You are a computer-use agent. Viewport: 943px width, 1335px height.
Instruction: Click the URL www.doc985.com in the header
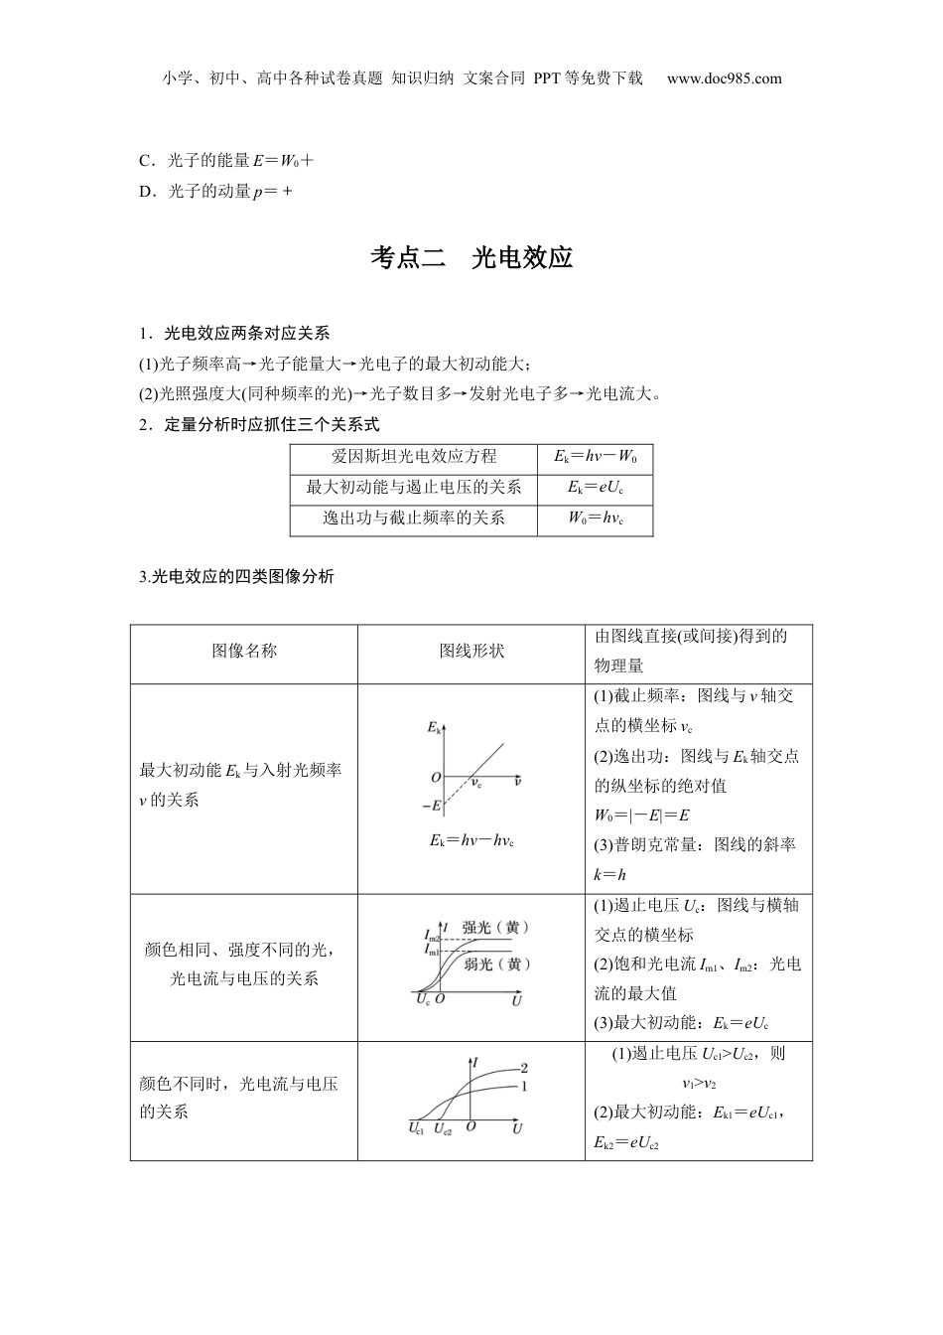pyautogui.click(x=724, y=78)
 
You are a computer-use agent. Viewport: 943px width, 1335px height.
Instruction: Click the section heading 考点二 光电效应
pyautogui.click(x=471, y=258)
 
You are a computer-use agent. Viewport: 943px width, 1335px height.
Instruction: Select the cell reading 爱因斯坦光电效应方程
pyautogui.click(x=414, y=457)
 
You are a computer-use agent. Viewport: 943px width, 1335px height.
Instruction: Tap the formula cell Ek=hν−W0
pyautogui.click(x=596, y=457)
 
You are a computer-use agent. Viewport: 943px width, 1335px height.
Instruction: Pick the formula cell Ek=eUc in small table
pyautogui.click(x=596, y=488)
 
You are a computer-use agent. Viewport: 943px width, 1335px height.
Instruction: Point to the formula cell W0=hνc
pyautogui.click(x=596, y=519)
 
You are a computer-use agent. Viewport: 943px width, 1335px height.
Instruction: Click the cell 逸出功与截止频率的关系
pyautogui.click(x=414, y=519)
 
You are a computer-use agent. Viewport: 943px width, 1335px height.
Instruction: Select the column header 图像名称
pyautogui.click(x=244, y=651)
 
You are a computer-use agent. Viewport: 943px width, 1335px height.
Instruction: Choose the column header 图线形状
pyautogui.click(x=471, y=651)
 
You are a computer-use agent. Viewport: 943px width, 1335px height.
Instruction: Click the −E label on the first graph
pyautogui.click(x=431, y=806)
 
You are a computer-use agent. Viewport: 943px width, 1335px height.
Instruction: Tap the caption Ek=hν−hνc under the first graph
pyautogui.click(x=471, y=841)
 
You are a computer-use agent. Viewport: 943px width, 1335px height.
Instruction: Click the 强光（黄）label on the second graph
pyautogui.click(x=495, y=927)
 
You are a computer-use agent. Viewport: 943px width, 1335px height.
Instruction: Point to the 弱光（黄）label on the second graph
pyautogui.click(x=497, y=964)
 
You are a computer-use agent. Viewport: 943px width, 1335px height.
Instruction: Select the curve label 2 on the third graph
pyautogui.click(x=524, y=1068)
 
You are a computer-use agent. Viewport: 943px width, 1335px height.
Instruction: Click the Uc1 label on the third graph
pyautogui.click(x=416, y=1128)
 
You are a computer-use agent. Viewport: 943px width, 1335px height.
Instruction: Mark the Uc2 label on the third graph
pyautogui.click(x=443, y=1128)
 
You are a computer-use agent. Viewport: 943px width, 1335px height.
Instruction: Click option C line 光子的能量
pyautogui.click(x=227, y=160)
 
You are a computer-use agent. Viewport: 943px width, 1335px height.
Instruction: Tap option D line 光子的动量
pyautogui.click(x=216, y=192)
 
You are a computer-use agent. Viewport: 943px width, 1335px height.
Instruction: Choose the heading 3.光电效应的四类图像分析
pyautogui.click(x=237, y=576)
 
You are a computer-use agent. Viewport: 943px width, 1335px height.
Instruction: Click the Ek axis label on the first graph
pyautogui.click(x=434, y=728)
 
